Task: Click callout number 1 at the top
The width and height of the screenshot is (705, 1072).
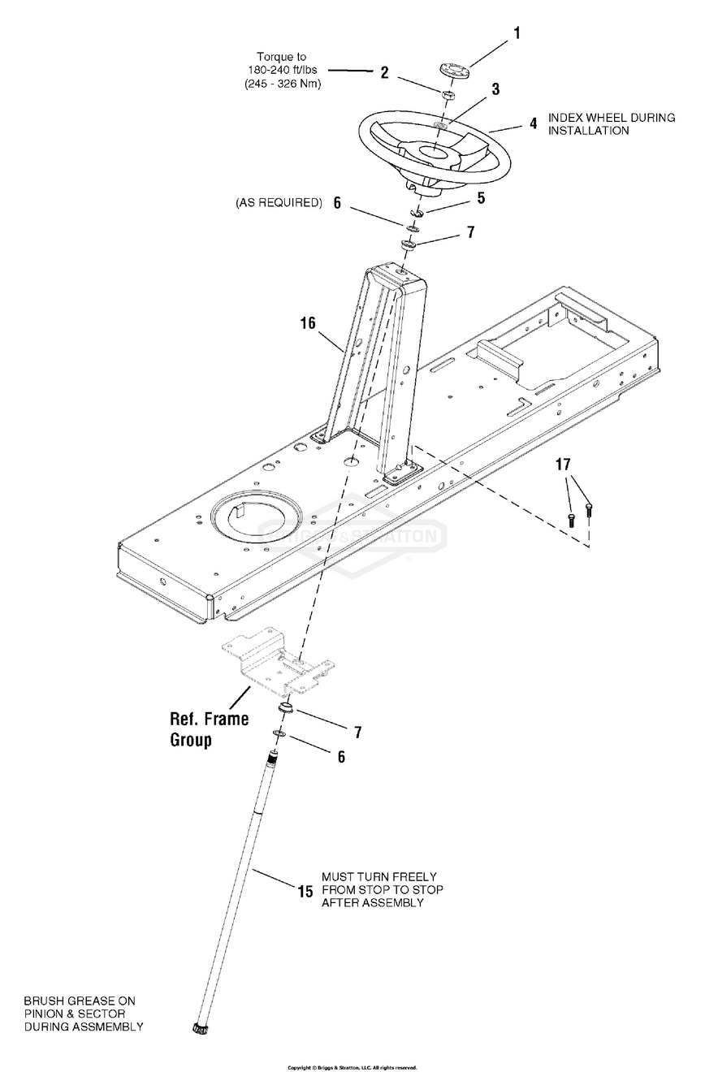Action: tap(515, 33)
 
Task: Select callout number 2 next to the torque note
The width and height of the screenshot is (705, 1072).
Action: tap(384, 72)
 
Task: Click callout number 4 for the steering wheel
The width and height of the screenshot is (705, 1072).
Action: tap(533, 124)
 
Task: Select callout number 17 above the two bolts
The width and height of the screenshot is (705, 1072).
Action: tap(563, 465)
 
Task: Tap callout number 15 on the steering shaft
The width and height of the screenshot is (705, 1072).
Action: tap(305, 891)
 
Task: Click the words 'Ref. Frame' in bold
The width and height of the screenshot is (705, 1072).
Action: tap(209, 719)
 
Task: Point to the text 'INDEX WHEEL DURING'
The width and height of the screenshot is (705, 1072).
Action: tap(612, 118)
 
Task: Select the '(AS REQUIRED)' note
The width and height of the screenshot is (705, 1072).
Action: tap(279, 202)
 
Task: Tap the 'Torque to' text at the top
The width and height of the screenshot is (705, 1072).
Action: tap(282, 57)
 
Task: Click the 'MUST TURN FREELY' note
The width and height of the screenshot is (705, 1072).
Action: tap(379, 876)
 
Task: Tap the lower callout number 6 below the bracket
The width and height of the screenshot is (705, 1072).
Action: tap(341, 757)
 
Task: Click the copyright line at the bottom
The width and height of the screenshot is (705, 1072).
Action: tap(352, 1067)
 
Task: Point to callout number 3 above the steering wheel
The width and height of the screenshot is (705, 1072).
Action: tap(495, 89)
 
